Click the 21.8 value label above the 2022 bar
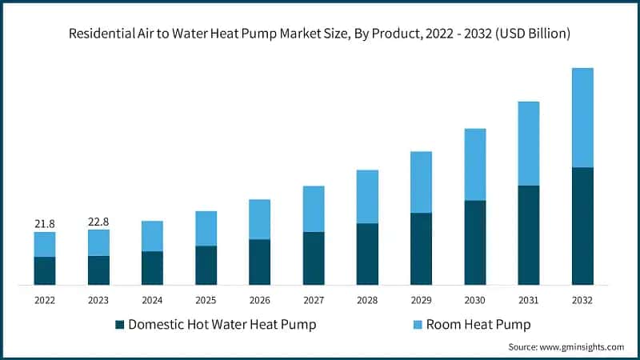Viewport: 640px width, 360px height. tap(45, 224)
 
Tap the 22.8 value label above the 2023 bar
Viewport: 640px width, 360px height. tap(98, 222)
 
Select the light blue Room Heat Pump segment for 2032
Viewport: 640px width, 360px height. tap(582, 118)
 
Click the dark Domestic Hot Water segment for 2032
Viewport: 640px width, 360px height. tap(582, 226)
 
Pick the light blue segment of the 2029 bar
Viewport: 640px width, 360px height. tap(421, 182)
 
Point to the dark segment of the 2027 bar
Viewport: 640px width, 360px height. tap(314, 258)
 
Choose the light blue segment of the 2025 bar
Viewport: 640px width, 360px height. tap(206, 228)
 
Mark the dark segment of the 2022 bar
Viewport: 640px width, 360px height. tap(45, 270)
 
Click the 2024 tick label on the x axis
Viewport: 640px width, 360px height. tap(152, 300)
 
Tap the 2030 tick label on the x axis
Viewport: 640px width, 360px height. tap(475, 300)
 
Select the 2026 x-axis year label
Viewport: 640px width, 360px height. tap(259, 300)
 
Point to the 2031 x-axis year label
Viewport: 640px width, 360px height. tap(529, 300)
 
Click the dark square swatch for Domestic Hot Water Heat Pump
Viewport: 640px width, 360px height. tap(120, 324)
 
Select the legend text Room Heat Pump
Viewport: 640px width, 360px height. tap(478, 324)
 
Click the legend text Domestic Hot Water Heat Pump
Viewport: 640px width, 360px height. tap(222, 324)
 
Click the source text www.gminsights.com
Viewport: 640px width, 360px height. tap(583, 346)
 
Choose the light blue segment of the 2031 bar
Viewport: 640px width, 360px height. tap(529, 143)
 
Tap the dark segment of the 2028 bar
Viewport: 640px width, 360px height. tap(367, 254)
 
